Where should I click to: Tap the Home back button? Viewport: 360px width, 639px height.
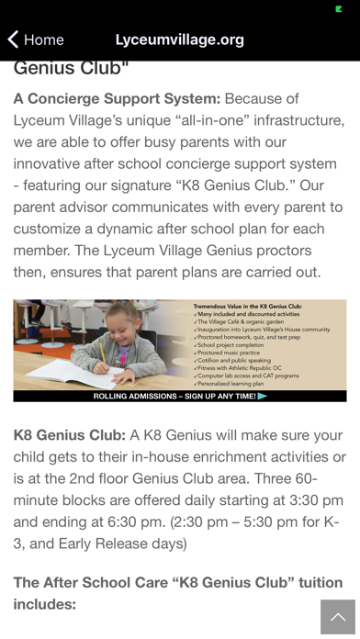(36, 39)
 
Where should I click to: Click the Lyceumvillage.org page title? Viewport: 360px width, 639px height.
(180, 39)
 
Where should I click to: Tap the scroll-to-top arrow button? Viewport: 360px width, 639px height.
(337, 617)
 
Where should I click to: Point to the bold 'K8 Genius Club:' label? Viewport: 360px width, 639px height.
(69, 435)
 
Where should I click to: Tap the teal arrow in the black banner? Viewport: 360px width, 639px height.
(263, 397)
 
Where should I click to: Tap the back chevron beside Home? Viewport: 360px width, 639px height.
(12, 39)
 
